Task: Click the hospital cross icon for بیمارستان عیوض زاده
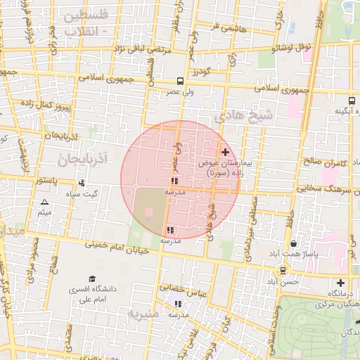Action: (225, 152)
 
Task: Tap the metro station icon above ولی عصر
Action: (181, 81)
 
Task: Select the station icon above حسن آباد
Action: (283, 271)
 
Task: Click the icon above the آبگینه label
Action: (352, 101)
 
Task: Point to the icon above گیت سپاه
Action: (82, 183)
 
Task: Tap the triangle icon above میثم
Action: (44, 202)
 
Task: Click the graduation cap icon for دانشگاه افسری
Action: (91, 279)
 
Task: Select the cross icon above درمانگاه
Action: (341, 283)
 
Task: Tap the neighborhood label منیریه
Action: (143, 311)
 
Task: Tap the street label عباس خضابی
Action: (182, 289)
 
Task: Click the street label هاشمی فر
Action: (224, 27)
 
